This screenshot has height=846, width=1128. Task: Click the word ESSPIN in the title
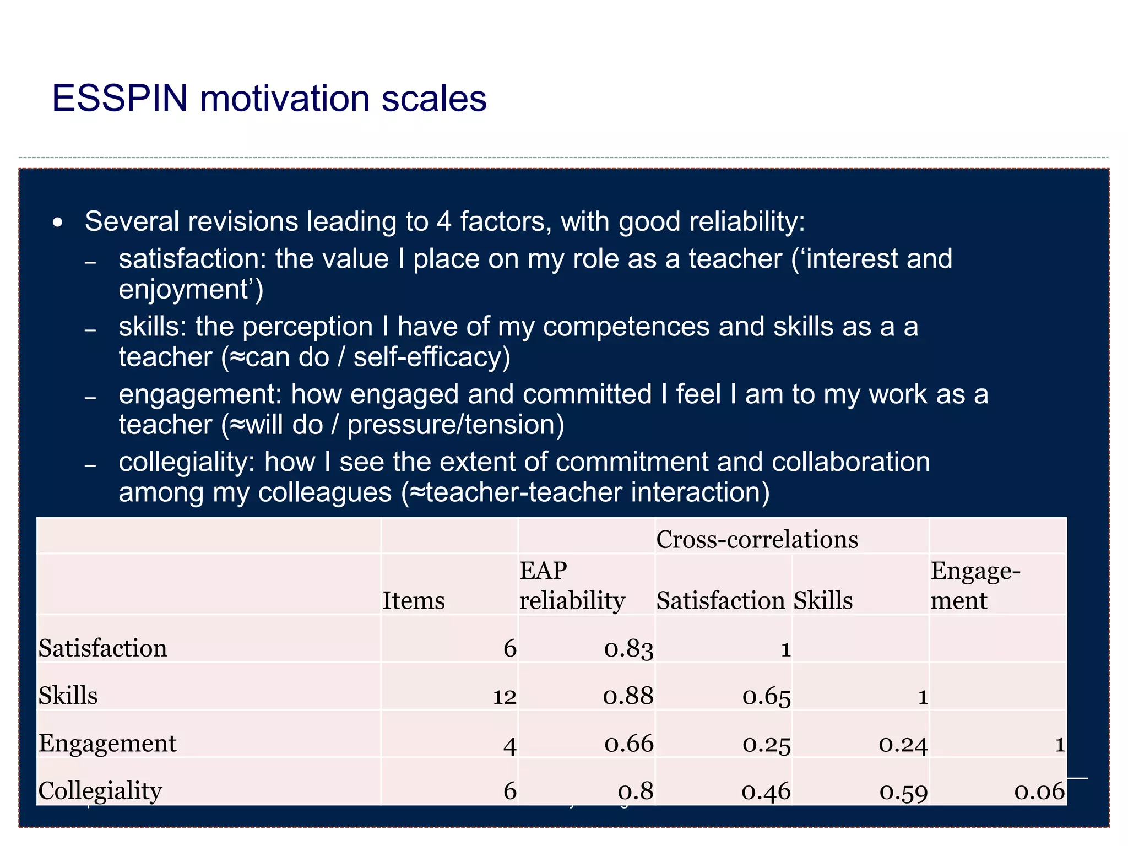tap(120, 99)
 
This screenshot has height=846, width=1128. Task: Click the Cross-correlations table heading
tap(757, 539)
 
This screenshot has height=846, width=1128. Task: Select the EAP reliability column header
tap(572, 585)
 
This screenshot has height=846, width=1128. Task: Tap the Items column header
tap(414, 600)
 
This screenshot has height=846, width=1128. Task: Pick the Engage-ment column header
tap(975, 585)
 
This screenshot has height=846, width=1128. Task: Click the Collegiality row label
tap(100, 791)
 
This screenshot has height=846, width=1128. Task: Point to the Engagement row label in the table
tap(107, 744)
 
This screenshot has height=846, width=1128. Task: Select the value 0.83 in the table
tap(628, 649)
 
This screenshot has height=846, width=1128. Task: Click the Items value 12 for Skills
tap(504, 697)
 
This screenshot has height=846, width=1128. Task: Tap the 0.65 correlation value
tap(766, 697)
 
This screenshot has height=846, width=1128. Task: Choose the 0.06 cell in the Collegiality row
tap(1039, 791)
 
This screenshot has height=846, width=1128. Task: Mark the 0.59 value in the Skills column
tap(903, 791)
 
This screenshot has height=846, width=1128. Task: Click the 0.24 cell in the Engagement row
tap(903, 744)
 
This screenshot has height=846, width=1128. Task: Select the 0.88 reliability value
tap(628, 696)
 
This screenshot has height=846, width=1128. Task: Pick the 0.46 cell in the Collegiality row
tap(766, 791)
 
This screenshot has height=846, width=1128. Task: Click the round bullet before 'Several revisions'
tap(57, 223)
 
